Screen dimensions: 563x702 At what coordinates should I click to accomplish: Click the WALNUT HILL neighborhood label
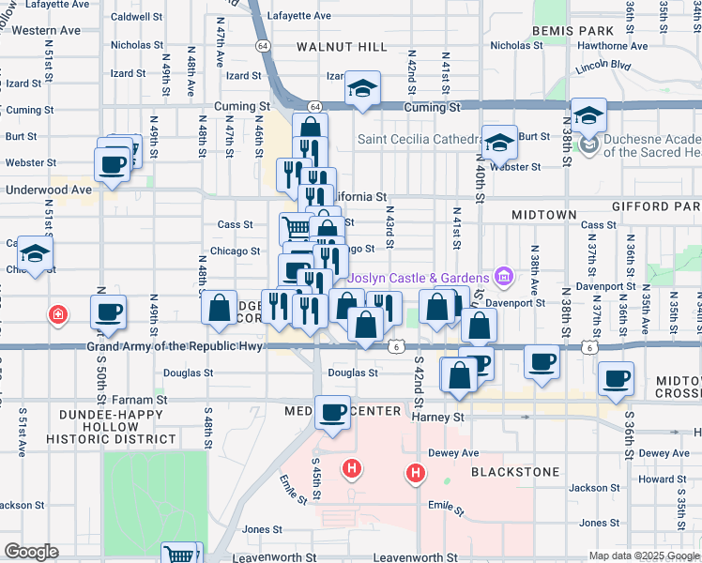click(342, 46)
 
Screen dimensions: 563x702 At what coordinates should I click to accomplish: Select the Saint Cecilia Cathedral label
click(418, 140)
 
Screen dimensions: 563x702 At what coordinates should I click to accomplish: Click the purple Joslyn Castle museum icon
click(504, 277)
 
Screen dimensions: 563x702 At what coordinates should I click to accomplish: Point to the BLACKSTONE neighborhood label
click(515, 472)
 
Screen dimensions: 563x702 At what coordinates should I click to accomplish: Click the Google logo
click(30, 552)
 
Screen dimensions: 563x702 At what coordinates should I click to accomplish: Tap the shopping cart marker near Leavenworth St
click(180, 555)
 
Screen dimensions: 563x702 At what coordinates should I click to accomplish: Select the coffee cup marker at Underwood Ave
click(112, 165)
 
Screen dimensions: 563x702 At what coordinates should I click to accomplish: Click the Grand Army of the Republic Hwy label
click(176, 347)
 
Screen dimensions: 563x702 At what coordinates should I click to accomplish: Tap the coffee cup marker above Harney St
click(331, 412)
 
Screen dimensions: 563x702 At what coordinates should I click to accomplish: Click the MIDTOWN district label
click(543, 215)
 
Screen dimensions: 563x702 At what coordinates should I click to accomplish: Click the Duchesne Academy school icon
click(588, 144)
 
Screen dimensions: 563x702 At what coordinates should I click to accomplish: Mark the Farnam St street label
click(143, 400)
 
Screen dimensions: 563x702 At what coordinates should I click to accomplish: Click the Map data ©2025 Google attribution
click(643, 555)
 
